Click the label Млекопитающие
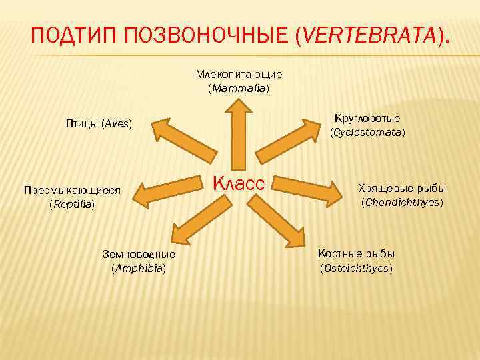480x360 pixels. (239, 73)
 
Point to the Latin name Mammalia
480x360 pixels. (239, 88)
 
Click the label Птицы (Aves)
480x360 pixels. (99, 124)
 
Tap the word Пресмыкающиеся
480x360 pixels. (72, 190)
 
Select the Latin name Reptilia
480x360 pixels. (72, 205)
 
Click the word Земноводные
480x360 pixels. (139, 254)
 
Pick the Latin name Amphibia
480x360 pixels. (139, 268)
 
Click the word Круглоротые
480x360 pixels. (367, 118)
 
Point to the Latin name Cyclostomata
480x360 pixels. (367, 133)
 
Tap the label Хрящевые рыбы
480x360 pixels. (402, 187)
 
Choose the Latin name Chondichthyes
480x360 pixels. (402, 201)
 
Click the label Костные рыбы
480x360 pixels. (356, 254)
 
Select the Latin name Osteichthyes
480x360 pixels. (356, 268)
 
